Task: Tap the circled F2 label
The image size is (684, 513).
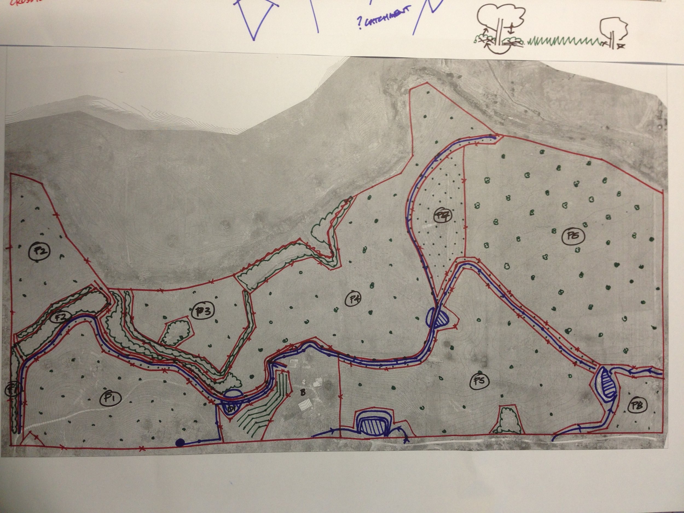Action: click(x=62, y=316)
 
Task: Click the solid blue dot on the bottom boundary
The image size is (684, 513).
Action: click(x=178, y=443)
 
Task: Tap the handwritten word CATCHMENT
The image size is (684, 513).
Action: click(x=385, y=16)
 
